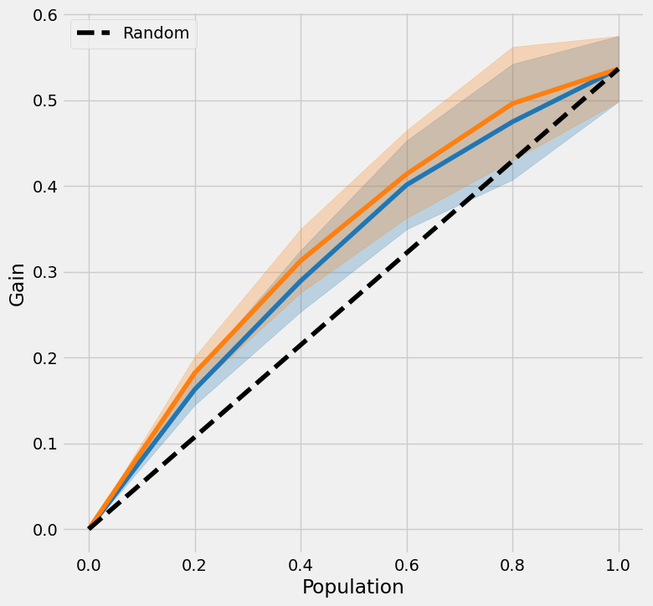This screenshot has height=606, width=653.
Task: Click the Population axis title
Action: tap(353, 587)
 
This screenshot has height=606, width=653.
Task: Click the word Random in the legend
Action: tap(156, 33)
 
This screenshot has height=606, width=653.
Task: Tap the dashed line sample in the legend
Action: tap(95, 33)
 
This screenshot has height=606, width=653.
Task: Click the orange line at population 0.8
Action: tap(513, 103)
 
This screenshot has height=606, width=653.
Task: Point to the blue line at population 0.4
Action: tap(301, 282)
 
